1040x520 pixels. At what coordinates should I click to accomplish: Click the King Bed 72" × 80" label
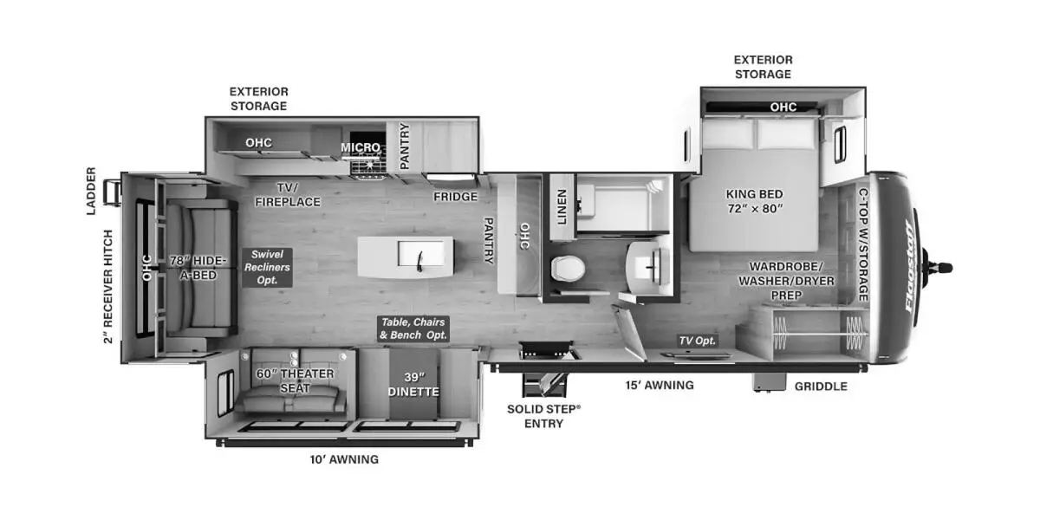753,201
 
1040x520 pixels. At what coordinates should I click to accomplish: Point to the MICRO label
361,147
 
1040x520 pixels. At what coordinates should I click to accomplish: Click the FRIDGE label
456,197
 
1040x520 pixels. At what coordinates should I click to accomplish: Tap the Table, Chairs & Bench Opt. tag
413,328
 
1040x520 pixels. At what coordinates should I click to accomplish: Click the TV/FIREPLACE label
287,195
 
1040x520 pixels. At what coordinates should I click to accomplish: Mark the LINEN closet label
562,207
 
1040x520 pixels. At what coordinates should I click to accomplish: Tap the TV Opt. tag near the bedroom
697,341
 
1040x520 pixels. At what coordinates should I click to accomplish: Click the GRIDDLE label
821,386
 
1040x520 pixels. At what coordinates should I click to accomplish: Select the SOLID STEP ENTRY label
543,415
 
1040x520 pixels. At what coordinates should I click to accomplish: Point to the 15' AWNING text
660,385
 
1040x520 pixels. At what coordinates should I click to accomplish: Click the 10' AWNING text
344,459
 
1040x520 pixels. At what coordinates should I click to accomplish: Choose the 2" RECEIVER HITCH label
107,286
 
